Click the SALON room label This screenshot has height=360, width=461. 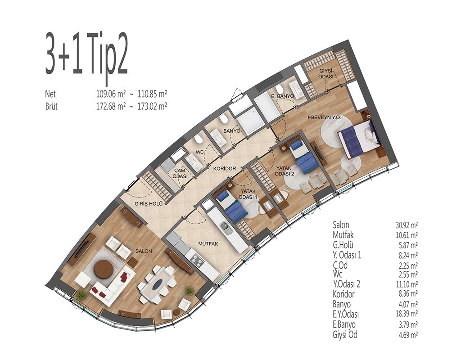pyautogui.click(x=144, y=251)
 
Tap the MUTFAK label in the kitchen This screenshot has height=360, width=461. pyautogui.click(x=208, y=243)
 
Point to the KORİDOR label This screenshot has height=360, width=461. pyautogui.click(x=225, y=169)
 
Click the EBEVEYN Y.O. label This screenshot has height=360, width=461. pyautogui.click(x=324, y=117)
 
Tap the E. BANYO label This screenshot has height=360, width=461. pyautogui.click(x=281, y=96)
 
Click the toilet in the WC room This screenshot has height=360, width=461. pyautogui.click(x=199, y=139)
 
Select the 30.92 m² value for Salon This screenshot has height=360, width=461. pyautogui.click(x=407, y=225)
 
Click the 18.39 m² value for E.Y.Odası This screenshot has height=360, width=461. pyautogui.click(x=407, y=314)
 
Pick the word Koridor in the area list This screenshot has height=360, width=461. pyautogui.click(x=343, y=294)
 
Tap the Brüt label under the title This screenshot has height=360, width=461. pyautogui.click(x=51, y=106)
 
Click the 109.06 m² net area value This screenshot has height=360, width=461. pyautogui.click(x=111, y=94)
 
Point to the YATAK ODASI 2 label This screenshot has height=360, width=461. pyautogui.click(x=284, y=171)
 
